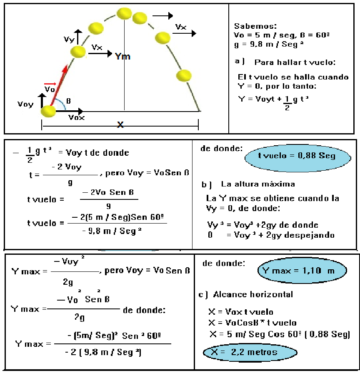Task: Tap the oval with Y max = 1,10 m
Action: (x=302, y=271)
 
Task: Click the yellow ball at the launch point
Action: (x=48, y=111)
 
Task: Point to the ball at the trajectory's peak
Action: (x=124, y=13)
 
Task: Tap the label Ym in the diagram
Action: (x=122, y=56)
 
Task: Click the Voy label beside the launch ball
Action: (x=25, y=104)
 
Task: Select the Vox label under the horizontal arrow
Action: (x=77, y=118)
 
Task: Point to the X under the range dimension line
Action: (x=120, y=124)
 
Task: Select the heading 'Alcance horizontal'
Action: (x=252, y=294)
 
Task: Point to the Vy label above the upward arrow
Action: (x=69, y=39)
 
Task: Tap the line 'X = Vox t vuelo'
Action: (x=240, y=312)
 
